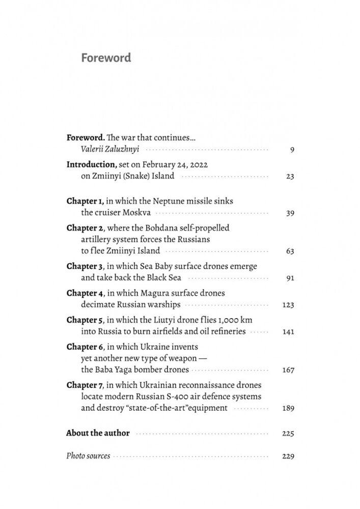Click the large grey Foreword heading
pyautogui.click(x=106, y=58)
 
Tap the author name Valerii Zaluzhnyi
pyautogui.click(x=110, y=149)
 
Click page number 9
pyautogui.click(x=292, y=150)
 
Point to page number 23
pyautogui.click(x=290, y=177)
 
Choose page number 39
pyautogui.click(x=290, y=213)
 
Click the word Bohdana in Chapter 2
pyautogui.click(x=159, y=228)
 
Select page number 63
pyautogui.click(x=290, y=251)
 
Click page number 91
pyautogui.click(x=290, y=278)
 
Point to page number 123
pyautogui.click(x=288, y=305)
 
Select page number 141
pyautogui.click(x=288, y=332)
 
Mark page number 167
pyautogui.click(x=288, y=370)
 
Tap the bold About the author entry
pyautogui.click(x=98, y=433)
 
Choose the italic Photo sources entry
pyautogui.click(x=88, y=456)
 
